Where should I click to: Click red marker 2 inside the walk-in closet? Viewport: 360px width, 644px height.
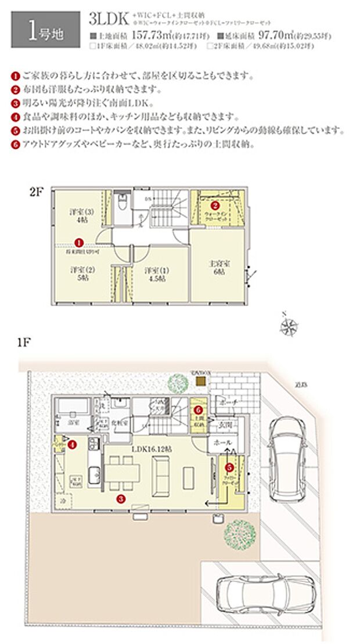tap(214, 205)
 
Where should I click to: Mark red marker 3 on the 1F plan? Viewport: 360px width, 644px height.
tap(120, 498)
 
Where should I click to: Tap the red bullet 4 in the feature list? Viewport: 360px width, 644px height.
tap(15, 115)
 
